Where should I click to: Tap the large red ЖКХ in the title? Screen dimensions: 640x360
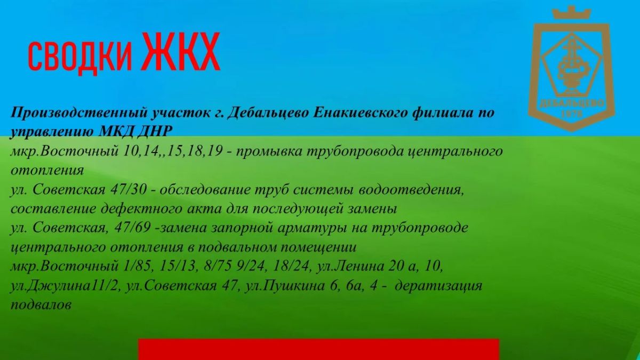[181, 51]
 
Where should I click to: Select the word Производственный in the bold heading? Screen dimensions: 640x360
[78, 113]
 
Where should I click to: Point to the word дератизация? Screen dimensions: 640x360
[438, 286]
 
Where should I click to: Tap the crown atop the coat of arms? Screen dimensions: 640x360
[571, 12]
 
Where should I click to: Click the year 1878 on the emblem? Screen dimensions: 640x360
[572, 114]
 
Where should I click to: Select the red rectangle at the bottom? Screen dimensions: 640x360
[318, 349]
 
